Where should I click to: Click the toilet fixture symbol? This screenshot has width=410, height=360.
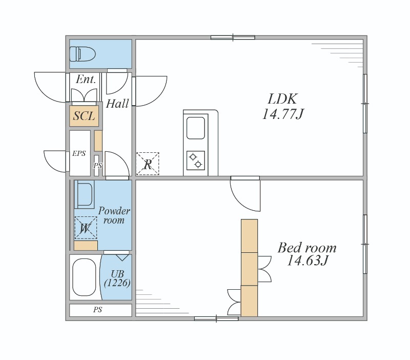point(83,54)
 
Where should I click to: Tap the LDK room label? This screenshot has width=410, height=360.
point(283,99)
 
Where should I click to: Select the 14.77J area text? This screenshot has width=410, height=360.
point(283,114)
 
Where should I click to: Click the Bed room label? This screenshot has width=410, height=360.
point(307,248)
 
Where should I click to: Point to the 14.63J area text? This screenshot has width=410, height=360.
point(307,260)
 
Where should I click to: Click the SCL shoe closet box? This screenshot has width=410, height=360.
point(84,116)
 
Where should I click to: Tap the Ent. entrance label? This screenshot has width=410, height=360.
point(86,79)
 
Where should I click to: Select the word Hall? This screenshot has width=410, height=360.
point(117,104)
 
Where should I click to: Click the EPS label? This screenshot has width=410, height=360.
point(79,153)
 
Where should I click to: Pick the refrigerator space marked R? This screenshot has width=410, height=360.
point(148,164)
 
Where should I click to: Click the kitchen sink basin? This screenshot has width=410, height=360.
point(196,128)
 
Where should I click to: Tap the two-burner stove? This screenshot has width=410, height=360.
point(196,161)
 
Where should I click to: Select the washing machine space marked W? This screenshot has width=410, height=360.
point(86,228)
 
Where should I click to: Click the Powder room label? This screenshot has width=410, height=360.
point(114,215)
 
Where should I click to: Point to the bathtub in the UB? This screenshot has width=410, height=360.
point(84,277)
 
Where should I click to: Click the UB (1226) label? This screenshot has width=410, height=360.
point(117,278)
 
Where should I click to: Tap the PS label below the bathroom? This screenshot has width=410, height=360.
point(97,310)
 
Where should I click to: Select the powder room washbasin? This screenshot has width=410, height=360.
point(84,194)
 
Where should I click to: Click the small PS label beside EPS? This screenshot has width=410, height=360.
point(97,166)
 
